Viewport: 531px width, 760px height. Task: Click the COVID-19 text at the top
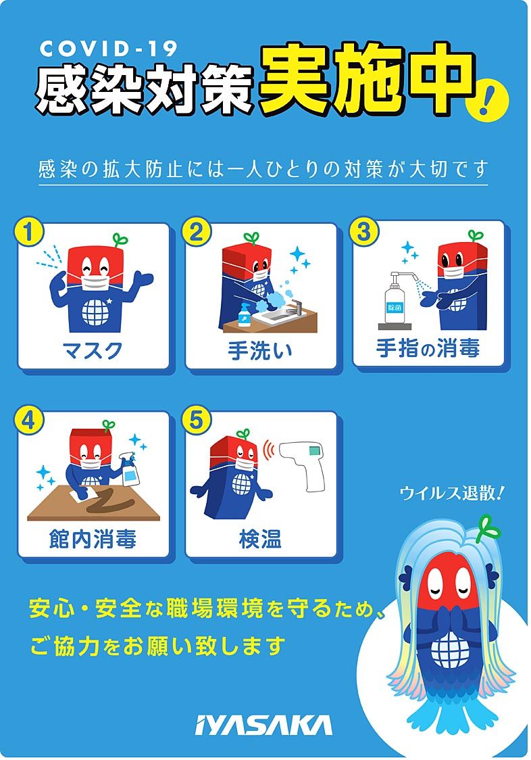pos(109,49)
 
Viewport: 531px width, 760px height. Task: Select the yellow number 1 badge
pos(29,231)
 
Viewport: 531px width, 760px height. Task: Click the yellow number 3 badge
pos(363,231)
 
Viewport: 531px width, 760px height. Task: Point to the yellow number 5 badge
pos(196,420)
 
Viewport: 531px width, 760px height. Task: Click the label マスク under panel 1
pos(93,350)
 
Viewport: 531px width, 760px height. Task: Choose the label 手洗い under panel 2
pos(260,350)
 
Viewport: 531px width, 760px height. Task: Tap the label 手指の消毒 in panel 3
pos(428,348)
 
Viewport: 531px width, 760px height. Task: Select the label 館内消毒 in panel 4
pos(93,539)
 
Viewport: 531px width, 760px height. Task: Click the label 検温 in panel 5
pos(260,539)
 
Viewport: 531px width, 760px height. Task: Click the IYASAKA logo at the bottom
pos(263,726)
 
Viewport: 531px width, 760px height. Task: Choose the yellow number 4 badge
pos(29,420)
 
